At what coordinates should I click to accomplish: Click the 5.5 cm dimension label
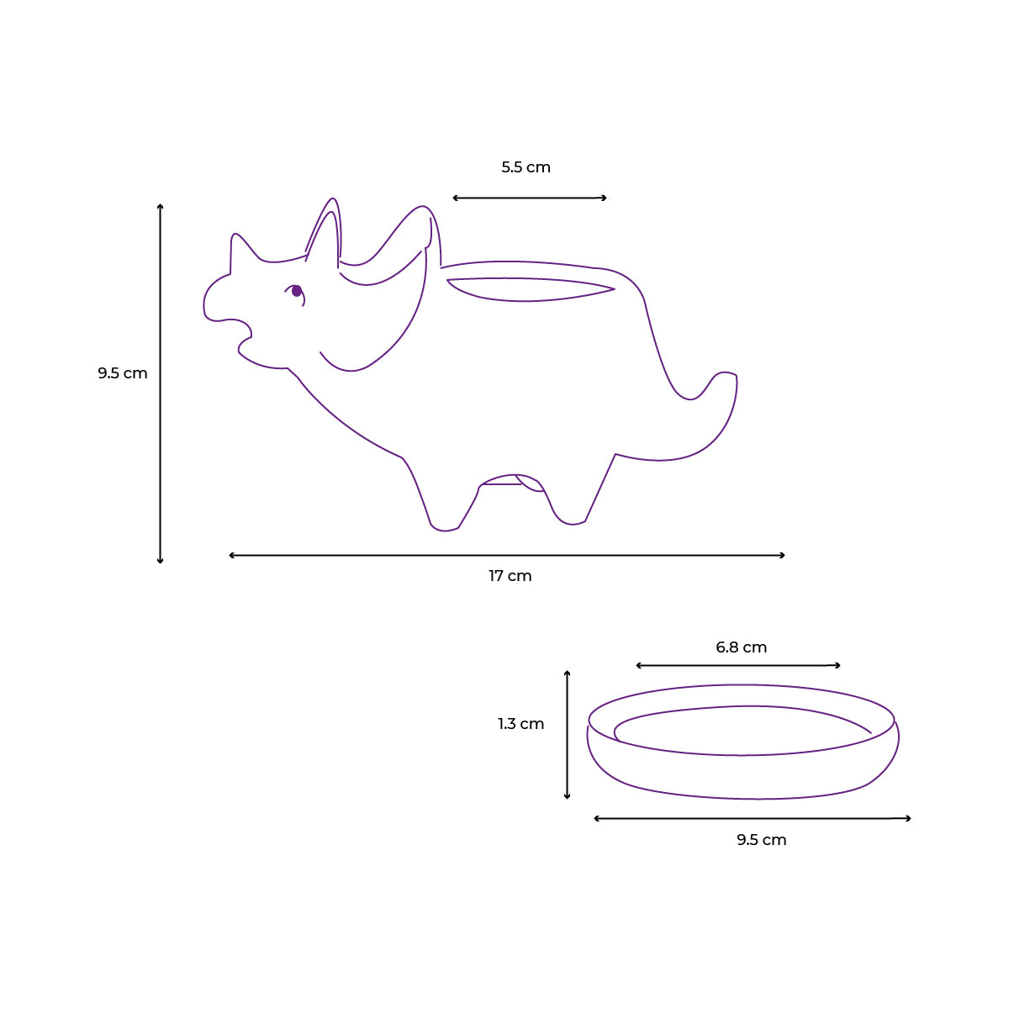526,167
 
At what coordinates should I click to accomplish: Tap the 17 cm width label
510,576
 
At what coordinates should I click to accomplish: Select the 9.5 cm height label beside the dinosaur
122,373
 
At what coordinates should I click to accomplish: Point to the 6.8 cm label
741,647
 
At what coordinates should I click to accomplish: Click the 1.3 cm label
520,724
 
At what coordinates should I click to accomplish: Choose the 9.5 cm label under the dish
761,840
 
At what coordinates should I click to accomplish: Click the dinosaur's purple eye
296,291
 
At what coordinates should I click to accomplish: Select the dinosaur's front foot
444,525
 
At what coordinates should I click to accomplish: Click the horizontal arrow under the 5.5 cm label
530,198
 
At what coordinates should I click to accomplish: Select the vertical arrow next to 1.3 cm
568,735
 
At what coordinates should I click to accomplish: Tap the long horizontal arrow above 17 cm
507,555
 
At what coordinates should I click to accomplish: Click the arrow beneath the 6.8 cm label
738,666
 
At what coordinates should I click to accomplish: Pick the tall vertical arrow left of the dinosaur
161,383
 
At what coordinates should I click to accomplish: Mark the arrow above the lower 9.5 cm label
753,818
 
